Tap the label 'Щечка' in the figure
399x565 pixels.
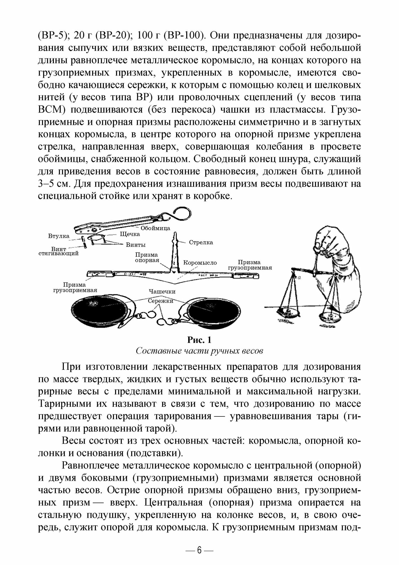point(130,234)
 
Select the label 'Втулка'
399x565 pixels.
point(59,236)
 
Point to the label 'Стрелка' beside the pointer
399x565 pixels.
point(201,242)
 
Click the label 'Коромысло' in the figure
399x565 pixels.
point(200,263)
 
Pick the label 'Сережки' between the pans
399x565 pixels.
point(160,301)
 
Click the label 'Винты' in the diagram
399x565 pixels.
point(135,245)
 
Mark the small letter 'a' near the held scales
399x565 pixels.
point(299,278)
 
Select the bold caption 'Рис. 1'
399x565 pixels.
point(199,340)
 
